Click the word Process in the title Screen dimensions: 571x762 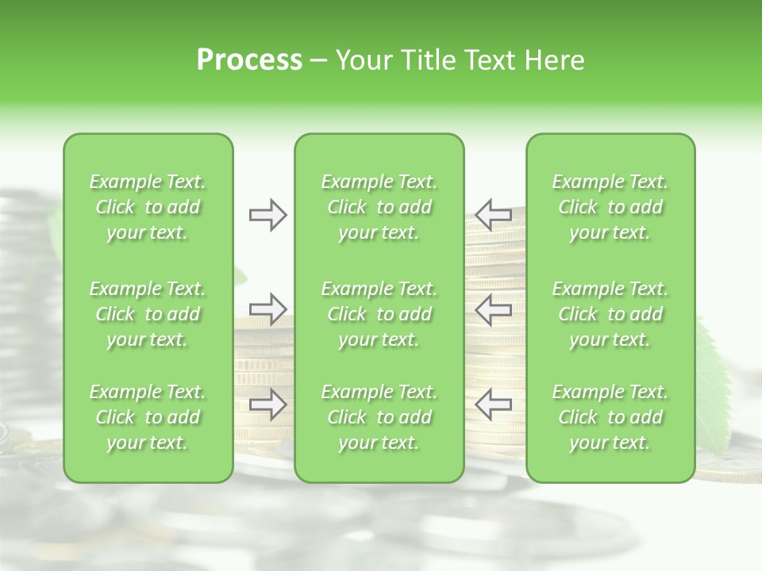(249, 60)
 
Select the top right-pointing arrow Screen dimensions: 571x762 (267, 215)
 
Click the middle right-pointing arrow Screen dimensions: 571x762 (267, 308)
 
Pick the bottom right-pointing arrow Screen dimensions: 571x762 (267, 404)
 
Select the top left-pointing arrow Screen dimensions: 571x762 (493, 215)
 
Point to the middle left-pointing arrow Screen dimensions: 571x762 (493, 308)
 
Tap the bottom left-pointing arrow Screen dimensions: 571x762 (493, 404)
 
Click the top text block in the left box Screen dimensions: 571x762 (148, 207)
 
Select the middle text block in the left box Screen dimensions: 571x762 (148, 314)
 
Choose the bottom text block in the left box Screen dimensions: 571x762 (148, 417)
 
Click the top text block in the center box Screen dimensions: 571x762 (379, 207)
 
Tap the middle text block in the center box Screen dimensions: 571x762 (379, 314)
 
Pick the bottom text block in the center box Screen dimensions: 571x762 (379, 417)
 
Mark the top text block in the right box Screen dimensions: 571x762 (610, 207)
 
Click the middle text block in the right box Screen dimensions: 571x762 (610, 314)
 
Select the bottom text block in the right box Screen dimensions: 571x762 (610, 417)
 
